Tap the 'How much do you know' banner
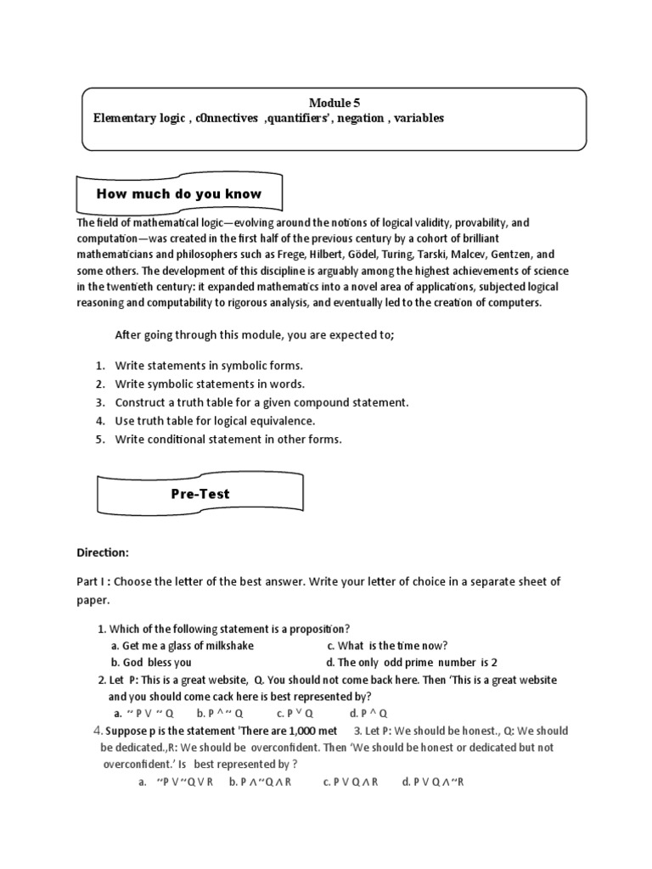point(179,193)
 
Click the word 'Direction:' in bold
point(103,552)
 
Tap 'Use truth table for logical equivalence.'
point(215,421)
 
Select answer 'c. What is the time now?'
point(386,646)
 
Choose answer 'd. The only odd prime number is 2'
point(411,662)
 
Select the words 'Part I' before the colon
point(93,581)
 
